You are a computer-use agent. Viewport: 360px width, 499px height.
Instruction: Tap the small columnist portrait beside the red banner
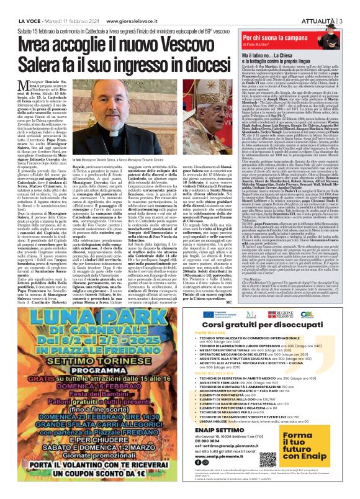tap(346, 24)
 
